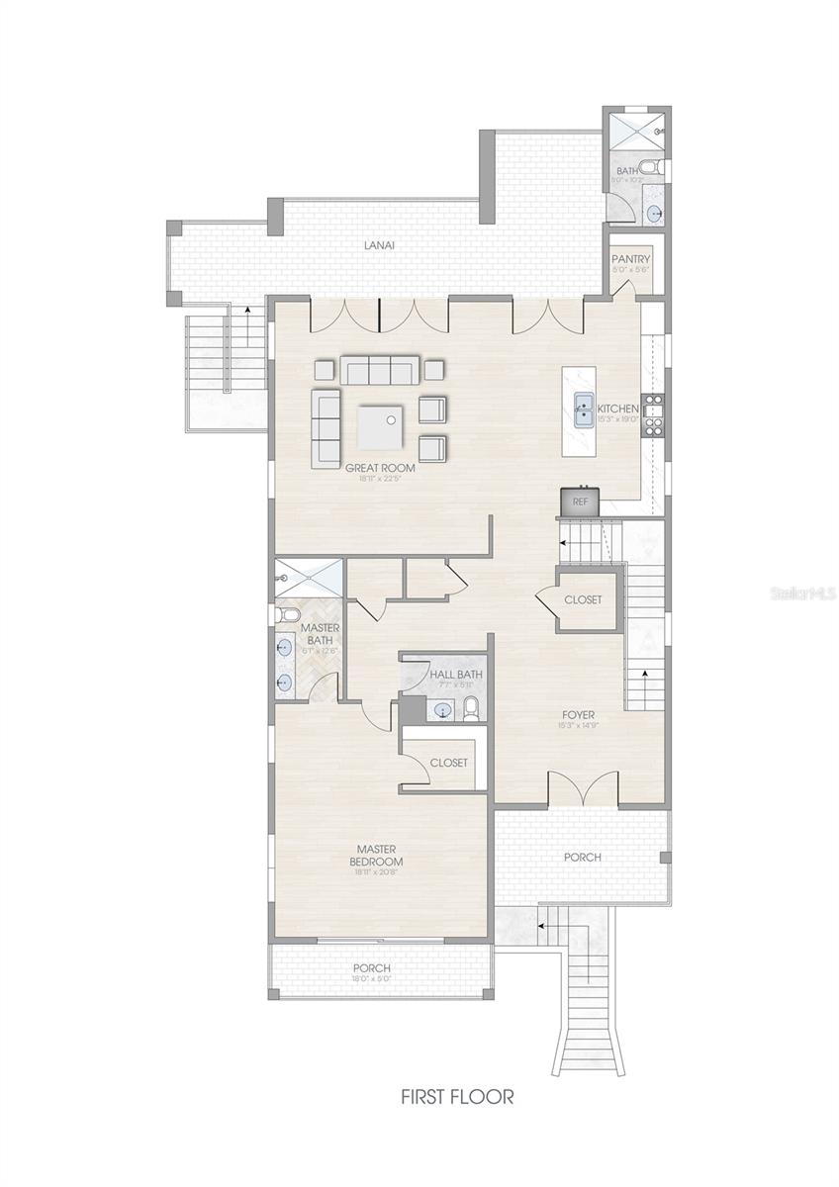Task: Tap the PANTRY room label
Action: (630, 259)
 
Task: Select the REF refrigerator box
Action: (580, 502)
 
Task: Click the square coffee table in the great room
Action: (381, 426)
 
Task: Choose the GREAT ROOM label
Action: (380, 468)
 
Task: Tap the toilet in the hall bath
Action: (472, 707)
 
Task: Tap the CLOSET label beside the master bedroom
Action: (448, 763)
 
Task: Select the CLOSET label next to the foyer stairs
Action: (583, 599)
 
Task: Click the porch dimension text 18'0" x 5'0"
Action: (371, 979)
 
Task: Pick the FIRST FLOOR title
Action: (457, 1097)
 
